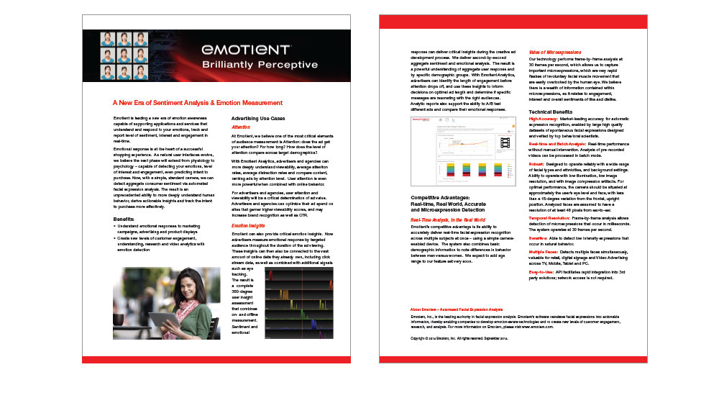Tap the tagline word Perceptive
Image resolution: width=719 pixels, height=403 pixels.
click(x=288, y=65)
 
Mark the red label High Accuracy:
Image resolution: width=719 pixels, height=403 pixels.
click(x=544, y=119)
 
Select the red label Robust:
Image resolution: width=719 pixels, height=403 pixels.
click(x=537, y=163)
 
